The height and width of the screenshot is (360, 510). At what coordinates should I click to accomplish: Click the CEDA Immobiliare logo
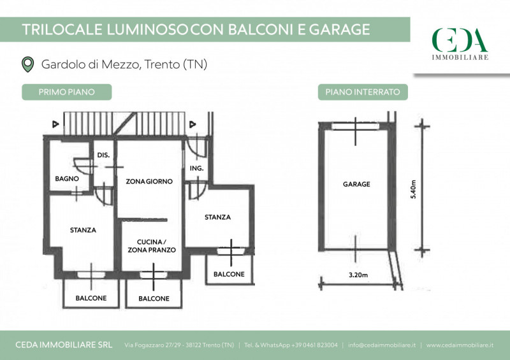(460, 44)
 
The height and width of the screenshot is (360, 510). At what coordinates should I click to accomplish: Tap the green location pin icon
(27, 64)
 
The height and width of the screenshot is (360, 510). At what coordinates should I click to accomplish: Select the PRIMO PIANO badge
(67, 92)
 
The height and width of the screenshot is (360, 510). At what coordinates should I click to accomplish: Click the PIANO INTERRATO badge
(363, 92)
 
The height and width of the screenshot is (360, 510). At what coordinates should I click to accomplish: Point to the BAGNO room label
(67, 178)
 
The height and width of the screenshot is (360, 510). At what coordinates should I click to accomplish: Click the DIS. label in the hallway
(103, 155)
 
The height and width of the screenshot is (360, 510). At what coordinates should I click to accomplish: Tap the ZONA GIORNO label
(149, 182)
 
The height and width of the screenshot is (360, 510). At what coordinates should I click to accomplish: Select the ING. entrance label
(197, 168)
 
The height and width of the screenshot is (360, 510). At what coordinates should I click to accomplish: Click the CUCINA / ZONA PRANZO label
(152, 246)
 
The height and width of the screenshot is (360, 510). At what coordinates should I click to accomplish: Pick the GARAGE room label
(356, 184)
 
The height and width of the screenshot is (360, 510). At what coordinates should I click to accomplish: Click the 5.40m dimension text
(413, 189)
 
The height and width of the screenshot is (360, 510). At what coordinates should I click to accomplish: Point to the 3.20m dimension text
(358, 275)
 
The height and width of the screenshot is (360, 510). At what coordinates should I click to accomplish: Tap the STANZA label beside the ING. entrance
(217, 217)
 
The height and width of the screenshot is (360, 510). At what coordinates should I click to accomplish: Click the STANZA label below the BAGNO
(83, 230)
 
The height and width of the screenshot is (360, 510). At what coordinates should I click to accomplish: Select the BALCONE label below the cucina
(154, 299)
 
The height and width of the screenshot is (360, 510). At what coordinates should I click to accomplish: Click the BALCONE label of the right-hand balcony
(229, 274)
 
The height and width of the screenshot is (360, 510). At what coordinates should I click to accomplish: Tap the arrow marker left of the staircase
(55, 124)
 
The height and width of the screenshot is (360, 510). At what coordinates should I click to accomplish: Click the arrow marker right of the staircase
(193, 124)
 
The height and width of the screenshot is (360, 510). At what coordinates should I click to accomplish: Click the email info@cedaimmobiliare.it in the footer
(381, 345)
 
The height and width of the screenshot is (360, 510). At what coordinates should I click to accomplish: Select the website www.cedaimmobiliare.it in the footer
(460, 345)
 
